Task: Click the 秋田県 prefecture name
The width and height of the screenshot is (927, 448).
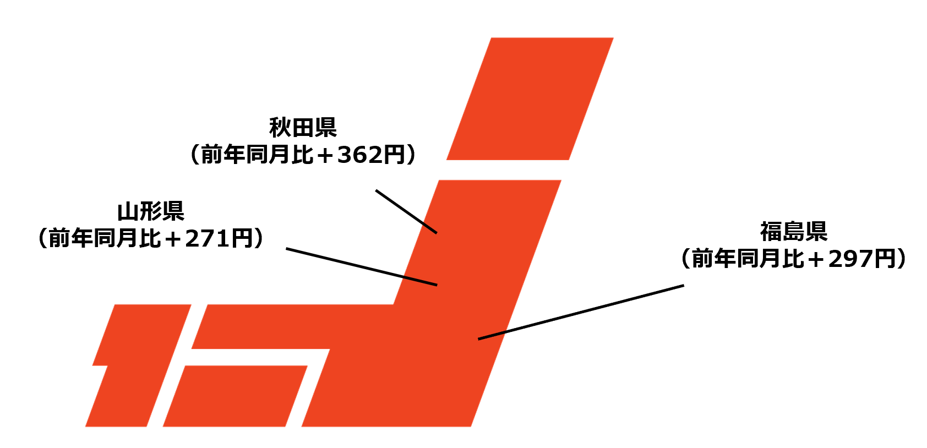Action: [303, 128]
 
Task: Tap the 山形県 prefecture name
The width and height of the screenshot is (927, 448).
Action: [151, 211]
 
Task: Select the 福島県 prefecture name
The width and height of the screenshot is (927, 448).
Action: [794, 232]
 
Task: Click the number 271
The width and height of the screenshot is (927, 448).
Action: [207, 239]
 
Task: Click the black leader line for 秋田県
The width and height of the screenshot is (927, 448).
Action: [406, 212]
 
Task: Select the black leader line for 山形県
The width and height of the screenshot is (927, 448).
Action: [361, 267]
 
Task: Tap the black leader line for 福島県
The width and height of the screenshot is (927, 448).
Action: [581, 312]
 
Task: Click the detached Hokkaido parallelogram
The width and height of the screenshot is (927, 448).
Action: [530, 99]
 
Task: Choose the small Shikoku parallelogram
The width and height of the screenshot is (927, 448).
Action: [235, 396]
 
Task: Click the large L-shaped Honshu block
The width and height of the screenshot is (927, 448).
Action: [440, 330]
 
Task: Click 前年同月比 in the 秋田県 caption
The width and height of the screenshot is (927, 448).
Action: [257, 155]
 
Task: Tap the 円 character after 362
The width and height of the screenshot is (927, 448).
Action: [394, 155]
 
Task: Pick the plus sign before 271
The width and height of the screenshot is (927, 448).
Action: [172, 239]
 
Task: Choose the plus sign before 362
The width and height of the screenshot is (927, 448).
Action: [325, 155]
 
